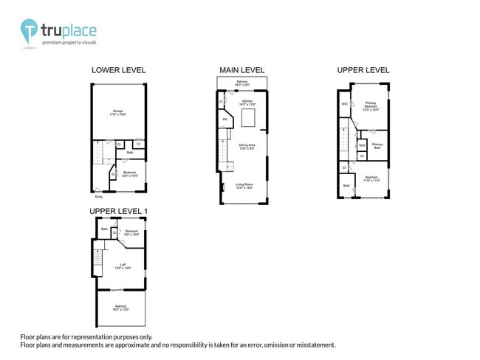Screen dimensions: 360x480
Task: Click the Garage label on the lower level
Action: [118, 112]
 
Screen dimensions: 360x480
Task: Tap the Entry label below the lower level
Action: [98, 197]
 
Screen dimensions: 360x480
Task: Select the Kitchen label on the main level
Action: [247, 101]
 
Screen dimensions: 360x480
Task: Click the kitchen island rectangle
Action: [249, 119]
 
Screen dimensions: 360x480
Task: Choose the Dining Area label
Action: [247, 146]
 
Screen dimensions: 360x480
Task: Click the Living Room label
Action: [244, 185]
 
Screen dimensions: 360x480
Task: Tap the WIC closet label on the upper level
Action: [344, 104]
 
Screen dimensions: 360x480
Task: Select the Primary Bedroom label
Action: [371, 105]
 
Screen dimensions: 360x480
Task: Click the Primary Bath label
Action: [377, 145]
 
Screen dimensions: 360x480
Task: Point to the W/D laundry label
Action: [362, 145]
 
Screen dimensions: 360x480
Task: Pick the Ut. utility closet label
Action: [361, 156]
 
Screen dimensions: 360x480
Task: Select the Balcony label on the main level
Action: [242, 82]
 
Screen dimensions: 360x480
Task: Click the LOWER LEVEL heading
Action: [118, 70]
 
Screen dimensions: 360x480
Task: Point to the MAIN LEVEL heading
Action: [242, 70]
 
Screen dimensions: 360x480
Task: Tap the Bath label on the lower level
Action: [129, 153]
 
